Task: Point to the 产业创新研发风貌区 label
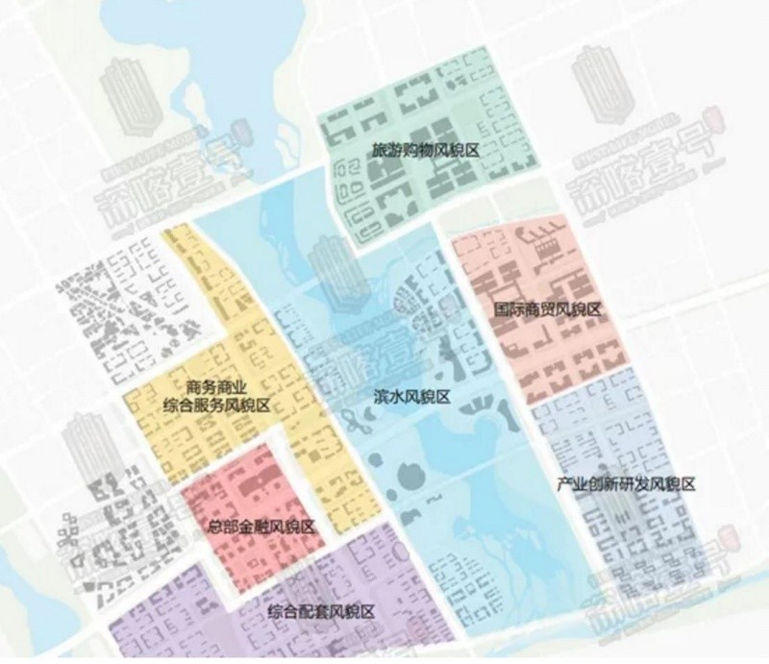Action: [x=626, y=483]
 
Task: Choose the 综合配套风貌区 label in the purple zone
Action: [x=320, y=612]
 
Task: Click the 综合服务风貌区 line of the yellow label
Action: [x=216, y=406]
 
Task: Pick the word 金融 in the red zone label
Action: [x=254, y=528]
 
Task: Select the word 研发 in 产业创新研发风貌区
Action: [x=633, y=483]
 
